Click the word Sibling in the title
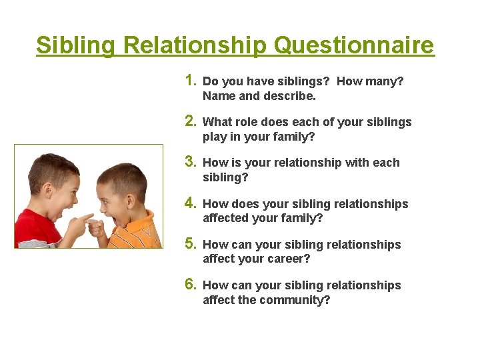click(x=77, y=45)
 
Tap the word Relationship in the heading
click(x=195, y=45)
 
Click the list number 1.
click(x=190, y=81)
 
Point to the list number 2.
click(x=190, y=121)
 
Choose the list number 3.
click(x=190, y=162)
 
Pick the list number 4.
click(x=190, y=203)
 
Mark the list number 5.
click(x=190, y=244)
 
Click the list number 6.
click(x=190, y=285)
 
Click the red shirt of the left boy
click(x=37, y=230)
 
